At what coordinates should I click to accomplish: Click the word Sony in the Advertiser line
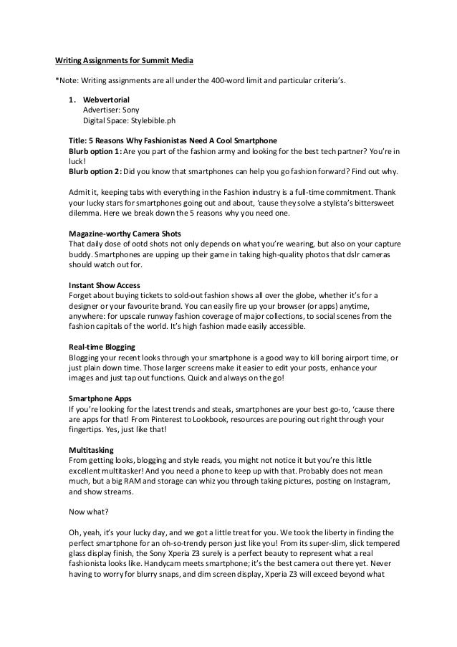(130, 110)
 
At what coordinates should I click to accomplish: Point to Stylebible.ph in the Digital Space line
(149, 120)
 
